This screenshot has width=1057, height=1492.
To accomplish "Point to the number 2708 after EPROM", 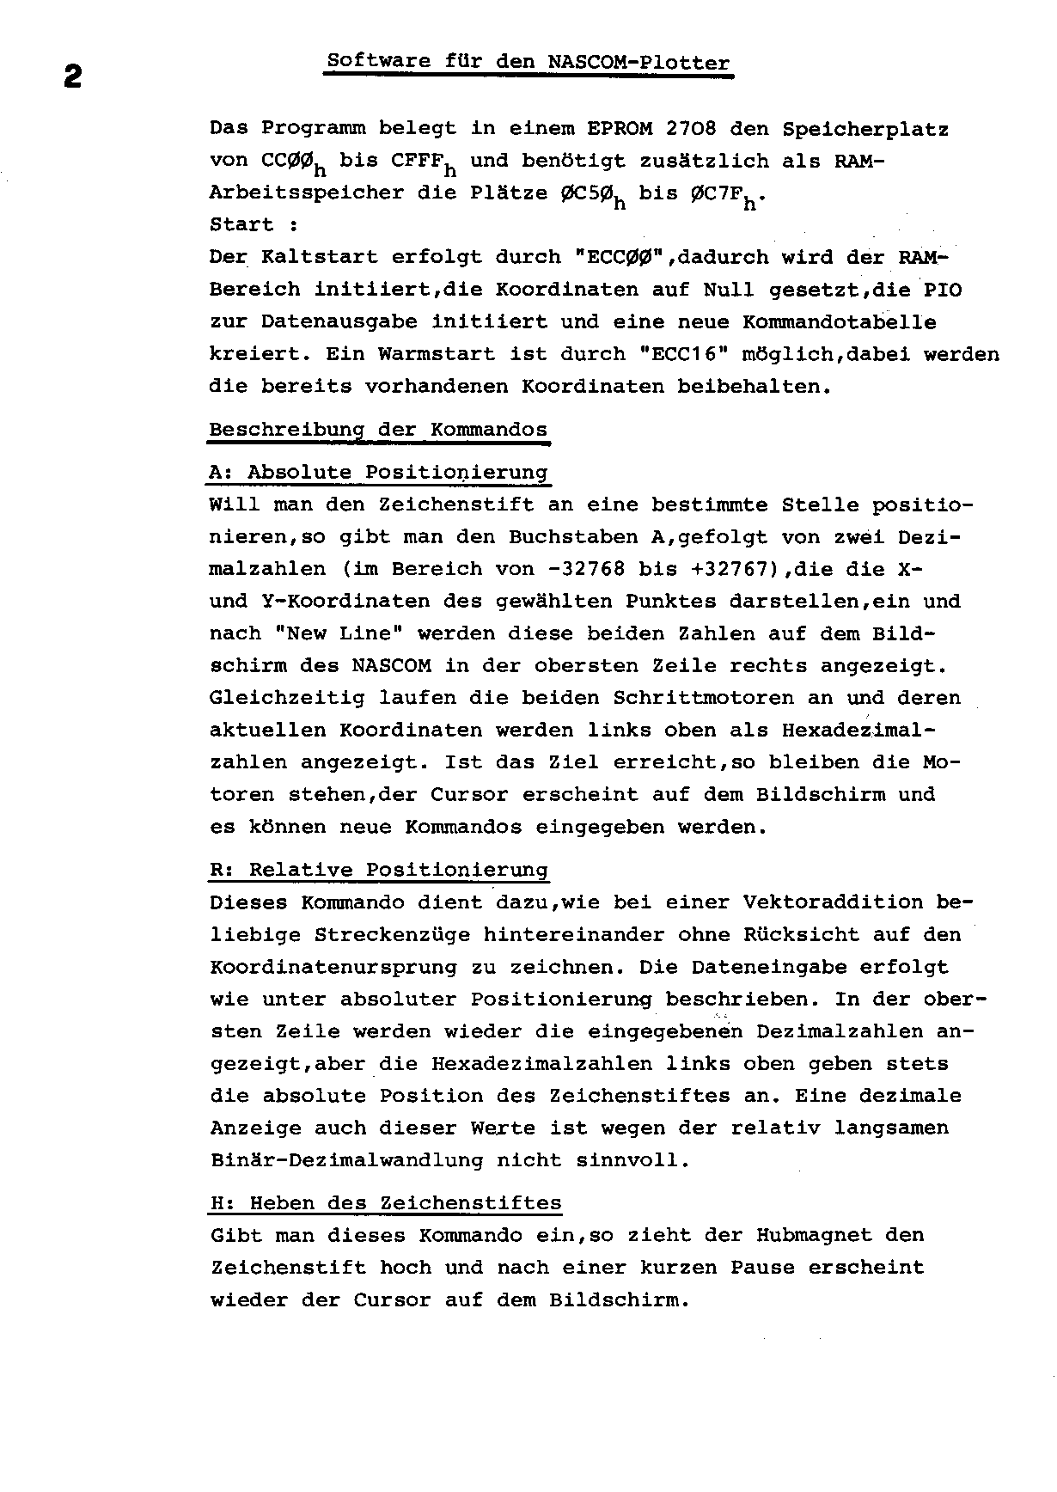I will pyautogui.click(x=690, y=129).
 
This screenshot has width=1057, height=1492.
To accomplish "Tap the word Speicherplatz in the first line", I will pyautogui.click(x=865, y=130).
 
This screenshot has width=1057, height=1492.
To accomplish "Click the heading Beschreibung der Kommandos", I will pyautogui.click(x=378, y=430).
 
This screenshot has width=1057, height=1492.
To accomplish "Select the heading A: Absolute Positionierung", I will pyautogui.click(x=378, y=473).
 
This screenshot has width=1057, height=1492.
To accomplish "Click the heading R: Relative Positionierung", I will pyautogui.click(x=378, y=870).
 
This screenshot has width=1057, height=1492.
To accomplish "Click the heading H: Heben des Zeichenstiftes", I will pyautogui.click(x=385, y=1203).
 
